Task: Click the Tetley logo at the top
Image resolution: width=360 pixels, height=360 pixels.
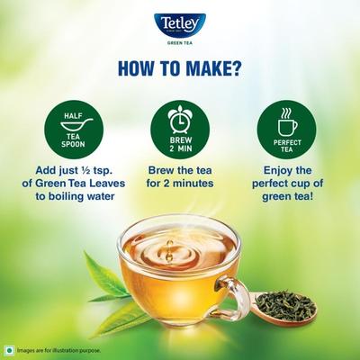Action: [x=179, y=24]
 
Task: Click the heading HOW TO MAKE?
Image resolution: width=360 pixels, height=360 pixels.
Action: [x=180, y=67]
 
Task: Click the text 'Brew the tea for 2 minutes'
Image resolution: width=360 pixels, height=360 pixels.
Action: [x=180, y=177]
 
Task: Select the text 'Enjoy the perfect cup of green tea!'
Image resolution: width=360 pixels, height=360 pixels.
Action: [x=287, y=184]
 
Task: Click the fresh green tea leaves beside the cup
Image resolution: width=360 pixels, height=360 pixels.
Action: [x=112, y=283]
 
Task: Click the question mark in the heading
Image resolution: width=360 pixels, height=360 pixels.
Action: [x=244, y=67]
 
